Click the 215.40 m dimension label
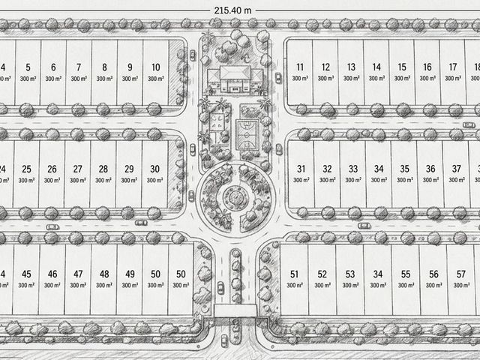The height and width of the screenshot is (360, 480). click(232, 10)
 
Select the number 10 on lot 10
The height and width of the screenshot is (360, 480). click(156, 67)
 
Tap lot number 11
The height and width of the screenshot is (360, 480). click(300, 67)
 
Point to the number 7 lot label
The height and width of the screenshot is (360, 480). click(79, 67)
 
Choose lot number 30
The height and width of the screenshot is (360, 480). click(155, 169)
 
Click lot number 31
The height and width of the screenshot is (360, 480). click(301, 169)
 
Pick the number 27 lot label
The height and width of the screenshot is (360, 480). click(78, 169)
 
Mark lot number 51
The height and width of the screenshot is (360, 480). click(294, 274)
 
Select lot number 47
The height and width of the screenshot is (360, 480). click(78, 274)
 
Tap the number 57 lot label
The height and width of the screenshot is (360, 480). click(461, 274)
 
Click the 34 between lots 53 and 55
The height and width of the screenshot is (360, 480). click(378, 274)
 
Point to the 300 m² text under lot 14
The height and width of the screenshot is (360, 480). click(376, 78)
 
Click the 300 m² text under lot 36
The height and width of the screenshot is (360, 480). click(430, 180)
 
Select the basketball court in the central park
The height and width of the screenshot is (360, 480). click(247, 135)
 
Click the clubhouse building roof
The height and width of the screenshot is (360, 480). click(235, 73)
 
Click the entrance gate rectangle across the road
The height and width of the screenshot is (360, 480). click(235, 310)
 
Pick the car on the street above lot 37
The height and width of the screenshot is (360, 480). click(469, 125)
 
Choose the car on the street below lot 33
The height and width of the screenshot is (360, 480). click(364, 226)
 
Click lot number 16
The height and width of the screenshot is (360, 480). click(427, 67)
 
